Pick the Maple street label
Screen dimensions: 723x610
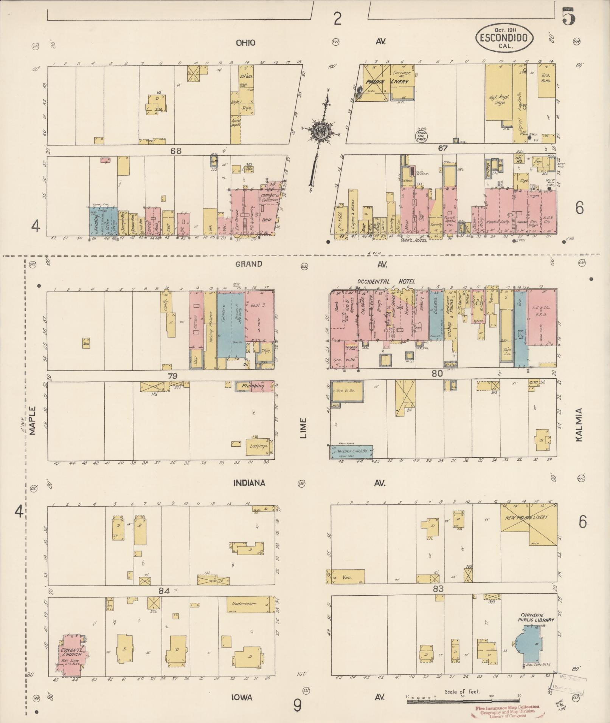[x=32, y=420]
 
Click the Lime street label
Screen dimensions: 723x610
[x=304, y=428]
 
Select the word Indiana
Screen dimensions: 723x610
[x=248, y=483]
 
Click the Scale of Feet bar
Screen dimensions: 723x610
[x=463, y=701]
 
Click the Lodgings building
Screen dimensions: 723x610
[x=259, y=446]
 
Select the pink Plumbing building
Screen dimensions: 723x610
[x=254, y=386]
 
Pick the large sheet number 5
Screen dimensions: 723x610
[x=568, y=17]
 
